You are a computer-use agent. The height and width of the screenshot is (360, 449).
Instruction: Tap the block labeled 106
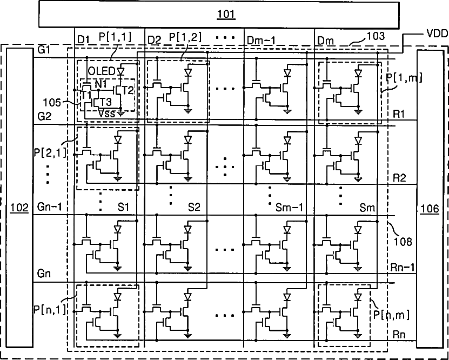430,206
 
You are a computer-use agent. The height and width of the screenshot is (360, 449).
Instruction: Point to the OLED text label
101,71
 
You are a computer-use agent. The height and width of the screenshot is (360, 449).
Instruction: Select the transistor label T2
128,90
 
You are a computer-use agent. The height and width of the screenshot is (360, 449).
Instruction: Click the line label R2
400,177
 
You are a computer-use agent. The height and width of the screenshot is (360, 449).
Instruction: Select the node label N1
101,84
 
